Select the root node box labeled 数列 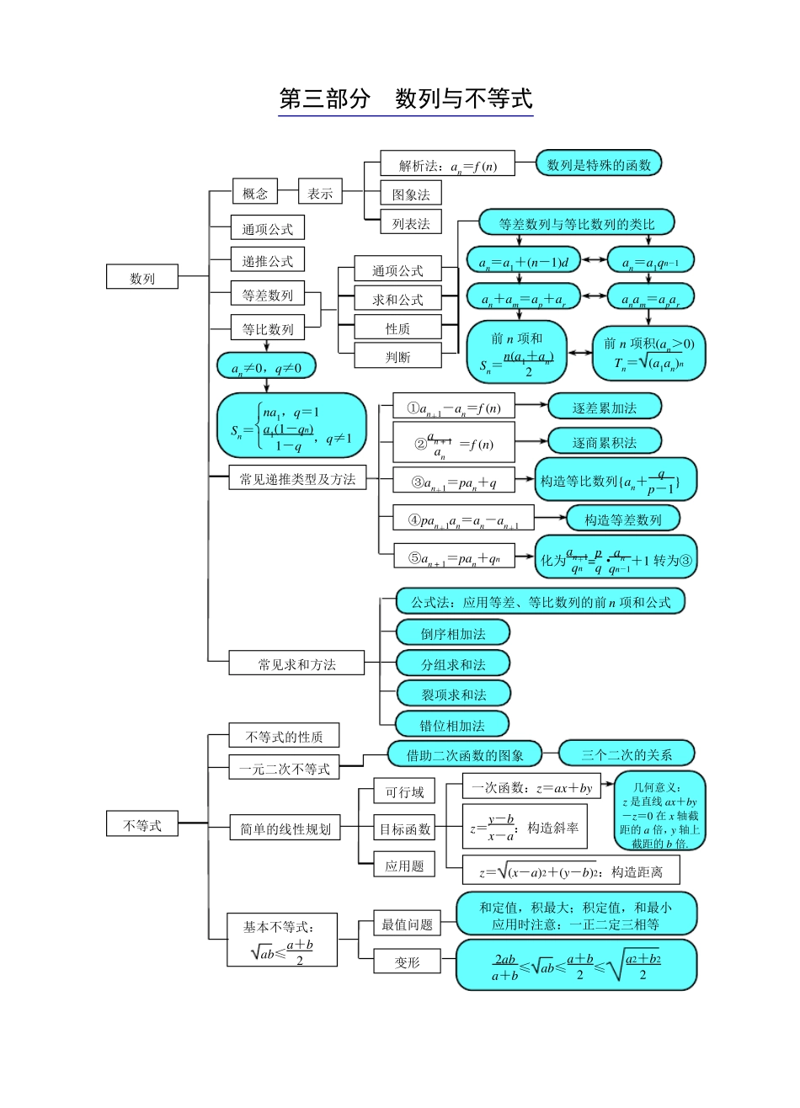click(141, 277)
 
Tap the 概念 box click(254, 193)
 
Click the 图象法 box click(410, 194)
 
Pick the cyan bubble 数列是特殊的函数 click(599, 164)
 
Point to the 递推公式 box click(267, 260)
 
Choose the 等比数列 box click(267, 328)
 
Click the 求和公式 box click(397, 299)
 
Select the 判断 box click(397, 356)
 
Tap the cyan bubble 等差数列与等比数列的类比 click(577, 223)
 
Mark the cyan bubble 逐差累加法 click(604, 408)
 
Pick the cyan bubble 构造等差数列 click(622, 519)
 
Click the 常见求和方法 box click(296, 663)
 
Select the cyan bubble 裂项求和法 click(453, 694)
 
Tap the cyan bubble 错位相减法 click(452, 724)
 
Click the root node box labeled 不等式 click(141, 825)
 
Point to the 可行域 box click(404, 792)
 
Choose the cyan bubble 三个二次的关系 click(627, 754)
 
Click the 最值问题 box click(407, 924)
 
